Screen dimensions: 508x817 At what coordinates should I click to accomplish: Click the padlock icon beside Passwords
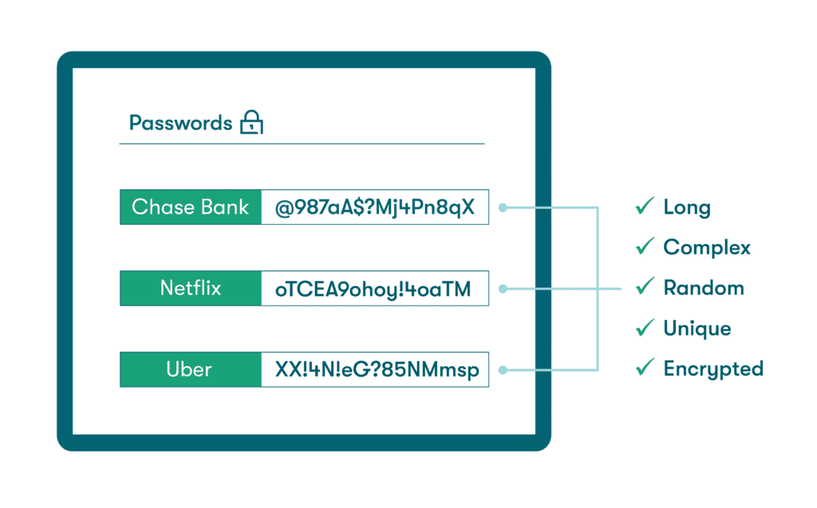[251, 123]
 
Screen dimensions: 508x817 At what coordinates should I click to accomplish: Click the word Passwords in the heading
[180, 123]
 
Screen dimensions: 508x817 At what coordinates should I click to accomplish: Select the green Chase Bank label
[191, 207]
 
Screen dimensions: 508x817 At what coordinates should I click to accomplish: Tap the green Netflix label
[191, 288]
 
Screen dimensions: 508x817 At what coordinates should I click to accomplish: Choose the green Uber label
[191, 369]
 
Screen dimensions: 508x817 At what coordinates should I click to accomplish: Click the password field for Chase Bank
[374, 207]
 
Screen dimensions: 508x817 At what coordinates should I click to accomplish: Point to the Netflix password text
[374, 289]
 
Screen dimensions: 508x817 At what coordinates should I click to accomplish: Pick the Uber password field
[374, 369]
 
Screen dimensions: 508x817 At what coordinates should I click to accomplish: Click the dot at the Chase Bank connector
[503, 207]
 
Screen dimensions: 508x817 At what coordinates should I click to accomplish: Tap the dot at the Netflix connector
[503, 289]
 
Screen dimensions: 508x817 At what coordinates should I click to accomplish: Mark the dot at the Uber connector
[503, 369]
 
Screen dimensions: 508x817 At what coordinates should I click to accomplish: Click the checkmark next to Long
[645, 207]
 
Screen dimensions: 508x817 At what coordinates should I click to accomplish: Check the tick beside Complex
[645, 247]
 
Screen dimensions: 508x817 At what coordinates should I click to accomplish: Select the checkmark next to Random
[645, 287]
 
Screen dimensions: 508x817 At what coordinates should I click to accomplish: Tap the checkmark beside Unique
[645, 328]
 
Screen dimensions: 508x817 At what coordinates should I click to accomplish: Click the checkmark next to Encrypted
[645, 368]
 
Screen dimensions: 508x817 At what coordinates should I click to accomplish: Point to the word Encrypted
[713, 368]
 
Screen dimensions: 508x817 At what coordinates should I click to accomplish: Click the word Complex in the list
[707, 248]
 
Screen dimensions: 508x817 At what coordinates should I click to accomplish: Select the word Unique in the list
[697, 329]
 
